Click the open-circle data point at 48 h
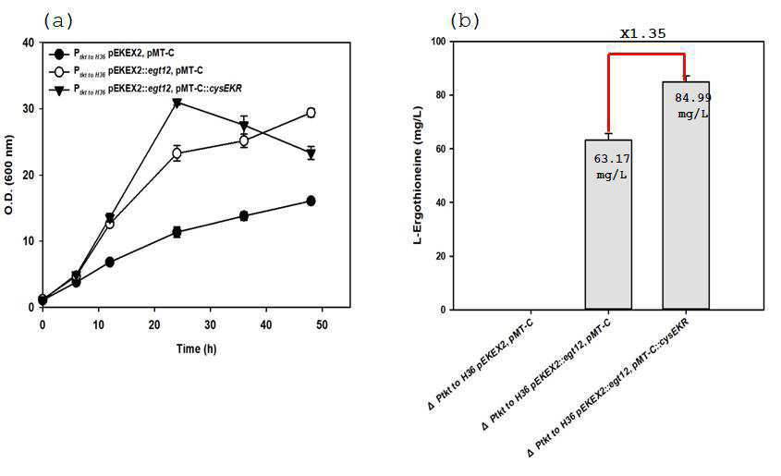(311, 113)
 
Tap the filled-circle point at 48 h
(311, 201)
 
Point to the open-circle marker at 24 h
(177, 153)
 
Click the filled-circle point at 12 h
(110, 262)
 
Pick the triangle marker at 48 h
(311, 153)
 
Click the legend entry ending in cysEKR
(146, 90)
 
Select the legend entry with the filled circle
(112, 54)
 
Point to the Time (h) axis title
(196, 348)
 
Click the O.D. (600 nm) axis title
(9, 175)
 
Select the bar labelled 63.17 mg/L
(608, 225)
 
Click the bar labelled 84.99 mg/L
(686, 196)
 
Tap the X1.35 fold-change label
(642, 33)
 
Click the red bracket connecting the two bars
(646, 54)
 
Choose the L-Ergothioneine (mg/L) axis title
(418, 175)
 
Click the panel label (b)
(465, 21)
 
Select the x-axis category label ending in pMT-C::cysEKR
(608, 388)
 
